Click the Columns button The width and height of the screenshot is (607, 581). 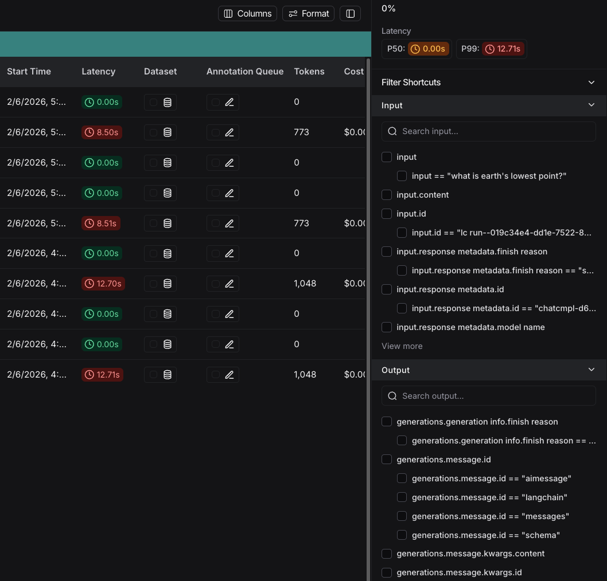[247, 13]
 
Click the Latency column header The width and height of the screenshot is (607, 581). [99, 72]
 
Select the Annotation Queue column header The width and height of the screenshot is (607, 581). [245, 72]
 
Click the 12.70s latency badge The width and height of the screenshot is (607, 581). [103, 284]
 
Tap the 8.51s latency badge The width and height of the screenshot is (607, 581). [101, 223]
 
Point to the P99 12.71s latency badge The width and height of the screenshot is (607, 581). [503, 49]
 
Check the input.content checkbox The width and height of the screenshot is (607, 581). [387, 195]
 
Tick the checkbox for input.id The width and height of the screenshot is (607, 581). [387, 214]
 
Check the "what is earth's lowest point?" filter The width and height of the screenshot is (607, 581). [402, 176]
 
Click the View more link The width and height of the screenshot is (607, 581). [402, 346]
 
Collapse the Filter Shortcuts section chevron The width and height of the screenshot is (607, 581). [592, 83]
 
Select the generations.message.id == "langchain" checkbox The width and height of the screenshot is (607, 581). [402, 497]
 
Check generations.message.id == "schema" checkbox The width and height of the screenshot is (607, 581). [402, 535]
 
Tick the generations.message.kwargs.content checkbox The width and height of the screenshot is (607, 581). [387, 553]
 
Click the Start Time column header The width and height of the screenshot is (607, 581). [29, 72]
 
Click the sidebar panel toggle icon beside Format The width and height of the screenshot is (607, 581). [351, 13]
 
